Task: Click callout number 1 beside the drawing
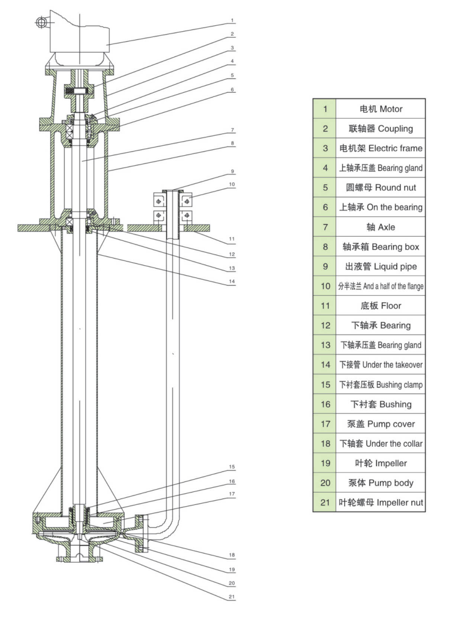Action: [232, 20]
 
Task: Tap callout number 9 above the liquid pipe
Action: [232, 171]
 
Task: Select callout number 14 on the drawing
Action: [232, 282]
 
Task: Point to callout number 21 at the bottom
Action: [232, 597]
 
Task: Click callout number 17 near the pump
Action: [232, 494]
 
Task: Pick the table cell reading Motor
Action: [380, 109]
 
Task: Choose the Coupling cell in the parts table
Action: [380, 129]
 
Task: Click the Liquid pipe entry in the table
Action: [380, 266]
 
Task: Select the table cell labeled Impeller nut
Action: [380, 502]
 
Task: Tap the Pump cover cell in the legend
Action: [380, 424]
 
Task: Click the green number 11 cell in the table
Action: [325, 306]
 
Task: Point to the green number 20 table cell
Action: [325, 483]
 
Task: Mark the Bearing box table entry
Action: [380, 247]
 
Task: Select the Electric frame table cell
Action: [380, 148]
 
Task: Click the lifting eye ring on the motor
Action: [41, 23]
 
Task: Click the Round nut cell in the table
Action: [380, 187]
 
